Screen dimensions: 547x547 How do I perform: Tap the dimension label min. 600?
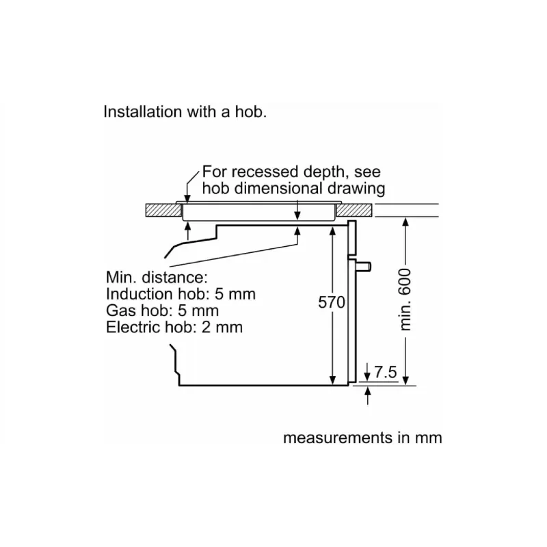pos(405,299)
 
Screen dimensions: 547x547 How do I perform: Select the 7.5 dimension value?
pos(386,373)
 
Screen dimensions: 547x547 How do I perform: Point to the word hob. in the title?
pos(251,112)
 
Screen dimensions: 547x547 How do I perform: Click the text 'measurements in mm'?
pos(362,438)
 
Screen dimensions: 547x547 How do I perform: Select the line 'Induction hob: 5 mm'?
pos(181,295)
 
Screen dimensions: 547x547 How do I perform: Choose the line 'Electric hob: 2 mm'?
pos(174,327)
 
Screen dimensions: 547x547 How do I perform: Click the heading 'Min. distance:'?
pos(156,278)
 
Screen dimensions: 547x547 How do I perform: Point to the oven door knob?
pos(366,265)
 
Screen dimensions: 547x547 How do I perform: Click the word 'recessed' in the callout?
pos(258,172)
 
